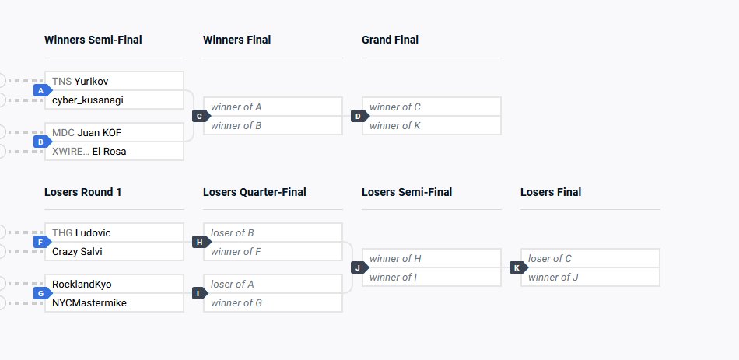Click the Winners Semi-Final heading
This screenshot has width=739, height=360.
93,40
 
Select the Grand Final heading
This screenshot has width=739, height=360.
390,40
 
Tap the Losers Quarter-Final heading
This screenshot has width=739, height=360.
254,192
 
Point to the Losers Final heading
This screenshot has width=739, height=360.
550,192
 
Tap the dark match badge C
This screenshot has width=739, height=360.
199,116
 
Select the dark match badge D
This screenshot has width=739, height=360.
358,116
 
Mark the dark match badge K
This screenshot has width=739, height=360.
517,267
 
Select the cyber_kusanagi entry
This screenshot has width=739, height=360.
88,100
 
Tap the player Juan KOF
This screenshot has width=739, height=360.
99,132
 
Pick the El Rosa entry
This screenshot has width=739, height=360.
109,151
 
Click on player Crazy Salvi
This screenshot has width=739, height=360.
77,251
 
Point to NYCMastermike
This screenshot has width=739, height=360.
89,302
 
